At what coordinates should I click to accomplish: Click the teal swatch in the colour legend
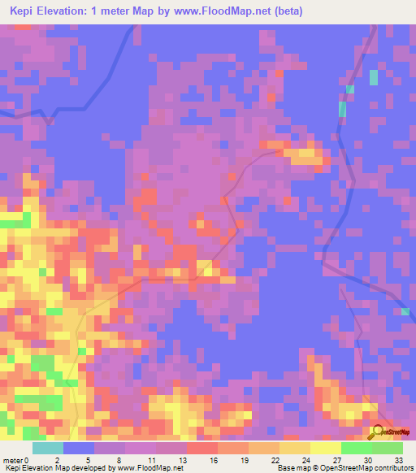(48, 448)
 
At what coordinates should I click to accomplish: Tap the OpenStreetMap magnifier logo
(379, 432)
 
